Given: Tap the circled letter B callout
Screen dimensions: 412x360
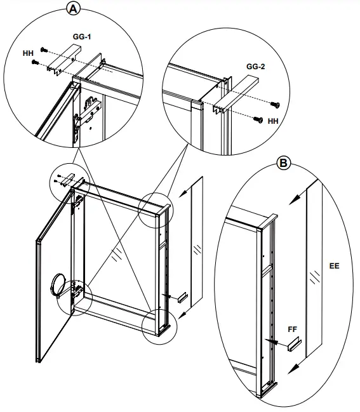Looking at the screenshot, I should (284, 163).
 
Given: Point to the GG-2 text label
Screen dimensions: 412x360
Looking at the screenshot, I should (255, 65).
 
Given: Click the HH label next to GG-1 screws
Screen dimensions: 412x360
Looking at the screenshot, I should (27, 54).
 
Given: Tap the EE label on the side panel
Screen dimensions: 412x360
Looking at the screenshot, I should (334, 265).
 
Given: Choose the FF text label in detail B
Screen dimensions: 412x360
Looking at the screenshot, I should (293, 329).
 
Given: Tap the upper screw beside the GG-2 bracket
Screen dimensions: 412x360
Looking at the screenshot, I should (275, 103).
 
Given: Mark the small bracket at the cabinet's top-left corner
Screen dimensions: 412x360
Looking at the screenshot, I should (67, 179).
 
